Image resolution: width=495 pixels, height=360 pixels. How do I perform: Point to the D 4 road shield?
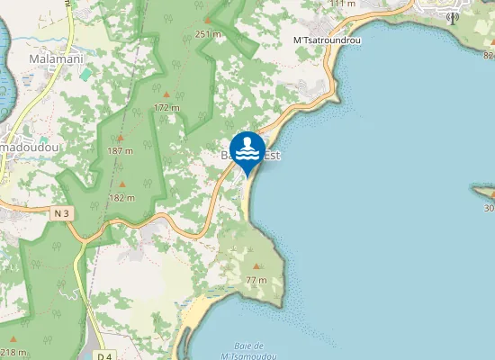103,355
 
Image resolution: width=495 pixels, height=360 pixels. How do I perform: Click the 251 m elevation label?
208,34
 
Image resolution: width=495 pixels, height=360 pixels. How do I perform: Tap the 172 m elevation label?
166,107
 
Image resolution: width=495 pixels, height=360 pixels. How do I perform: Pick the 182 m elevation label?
122,197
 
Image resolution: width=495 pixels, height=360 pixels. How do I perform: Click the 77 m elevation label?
256,281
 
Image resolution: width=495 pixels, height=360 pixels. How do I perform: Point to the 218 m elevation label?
13,352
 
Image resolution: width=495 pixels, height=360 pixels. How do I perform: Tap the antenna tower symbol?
452,17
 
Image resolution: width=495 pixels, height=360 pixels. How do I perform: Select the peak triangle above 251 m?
208,20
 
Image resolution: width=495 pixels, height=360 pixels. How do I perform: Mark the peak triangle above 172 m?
166,93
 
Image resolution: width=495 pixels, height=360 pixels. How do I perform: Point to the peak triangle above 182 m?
122,184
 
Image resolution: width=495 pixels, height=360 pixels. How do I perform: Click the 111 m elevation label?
342,4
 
